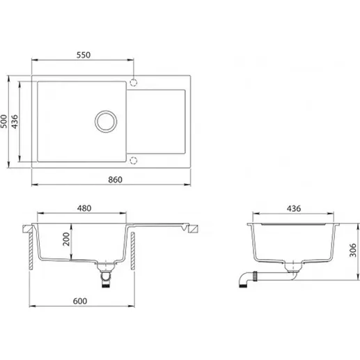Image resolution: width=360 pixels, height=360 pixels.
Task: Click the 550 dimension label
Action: pyautogui.click(x=84, y=55)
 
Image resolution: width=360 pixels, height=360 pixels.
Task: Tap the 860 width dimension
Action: pyautogui.click(x=115, y=180)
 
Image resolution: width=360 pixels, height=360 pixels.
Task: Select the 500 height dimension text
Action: pyautogui.click(x=4, y=121)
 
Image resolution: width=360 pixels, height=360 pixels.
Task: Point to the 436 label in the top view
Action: pyautogui.click(x=15, y=121)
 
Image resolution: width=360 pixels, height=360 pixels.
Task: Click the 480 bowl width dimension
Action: pyautogui.click(x=84, y=208)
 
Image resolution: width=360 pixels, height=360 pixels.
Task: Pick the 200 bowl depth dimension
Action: pyautogui.click(x=66, y=239)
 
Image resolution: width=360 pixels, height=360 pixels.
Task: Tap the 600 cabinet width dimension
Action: pyautogui.click(x=80, y=301)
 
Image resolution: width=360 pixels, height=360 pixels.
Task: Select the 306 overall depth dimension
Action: pyautogui.click(x=353, y=250)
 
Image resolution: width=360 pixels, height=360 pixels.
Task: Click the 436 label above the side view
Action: pyautogui.click(x=294, y=208)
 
